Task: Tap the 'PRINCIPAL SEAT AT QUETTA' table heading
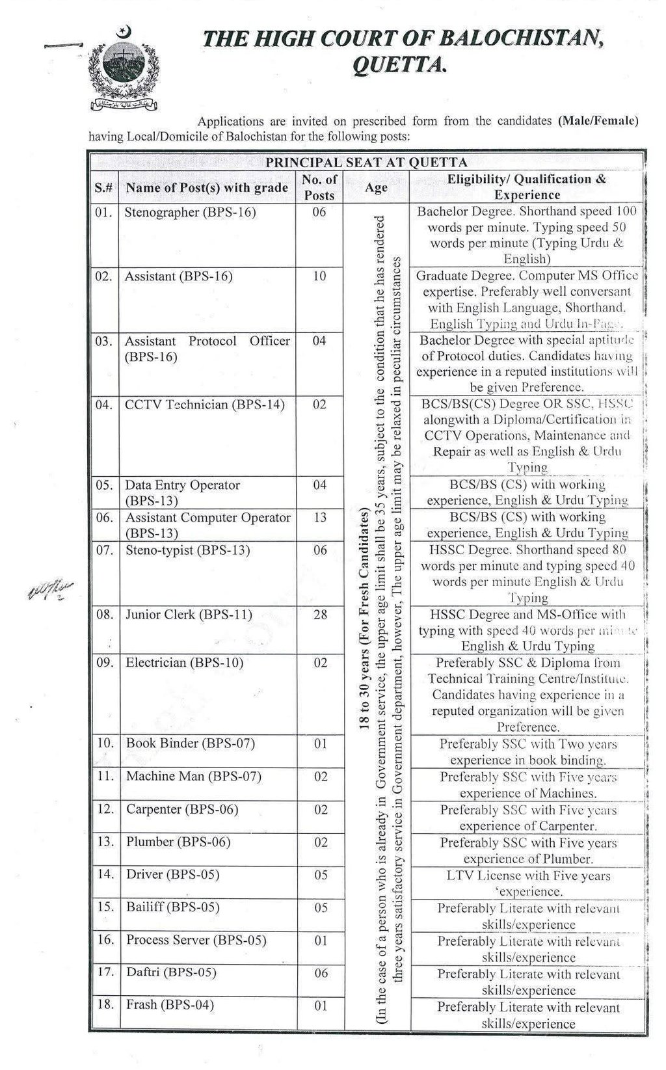[x=366, y=163]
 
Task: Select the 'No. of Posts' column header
[x=319, y=187]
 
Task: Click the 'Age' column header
[x=376, y=187]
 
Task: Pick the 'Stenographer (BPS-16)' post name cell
[x=190, y=212]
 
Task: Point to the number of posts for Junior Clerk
[x=319, y=614]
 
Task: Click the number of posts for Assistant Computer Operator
[x=319, y=518]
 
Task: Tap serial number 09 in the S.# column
[x=104, y=663]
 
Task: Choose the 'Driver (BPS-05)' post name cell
[x=172, y=874]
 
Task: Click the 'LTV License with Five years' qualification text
[x=528, y=876]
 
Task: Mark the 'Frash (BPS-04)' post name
[x=170, y=1005]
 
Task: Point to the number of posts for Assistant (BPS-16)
[x=319, y=276]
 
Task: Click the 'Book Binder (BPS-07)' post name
[x=190, y=743]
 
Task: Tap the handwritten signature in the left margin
[x=50, y=591]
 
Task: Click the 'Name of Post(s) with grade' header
[x=207, y=187]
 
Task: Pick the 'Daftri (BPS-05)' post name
[x=171, y=972]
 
